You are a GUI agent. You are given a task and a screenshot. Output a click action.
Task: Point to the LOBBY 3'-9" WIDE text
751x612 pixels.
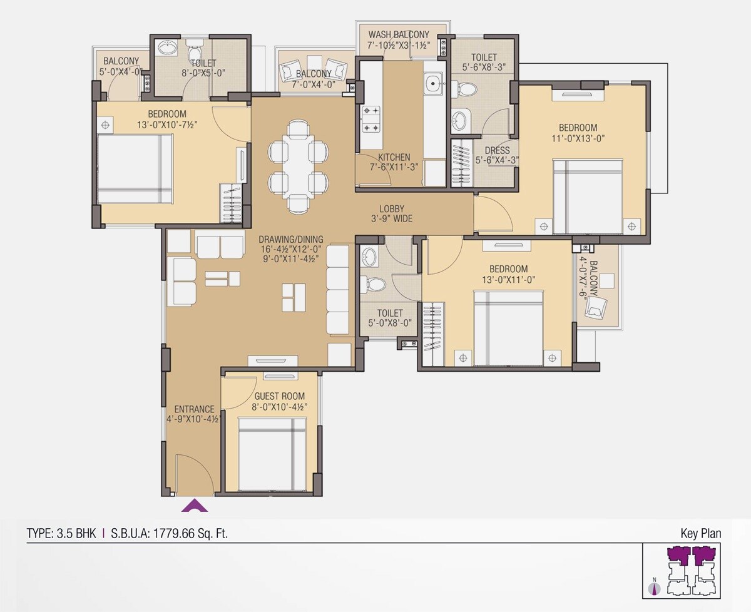(391, 213)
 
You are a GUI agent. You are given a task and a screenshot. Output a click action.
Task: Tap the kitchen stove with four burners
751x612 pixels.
(371, 119)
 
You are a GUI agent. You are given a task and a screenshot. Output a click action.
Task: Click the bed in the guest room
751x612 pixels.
(272, 455)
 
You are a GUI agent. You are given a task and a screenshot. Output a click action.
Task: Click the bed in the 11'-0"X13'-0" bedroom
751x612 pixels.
(588, 196)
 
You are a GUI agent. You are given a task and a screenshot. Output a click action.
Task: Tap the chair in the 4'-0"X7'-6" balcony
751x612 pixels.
(597, 306)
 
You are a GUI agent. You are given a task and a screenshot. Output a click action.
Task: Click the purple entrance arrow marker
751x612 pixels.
(195, 506)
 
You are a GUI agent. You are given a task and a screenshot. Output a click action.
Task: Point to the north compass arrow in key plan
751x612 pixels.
(655, 587)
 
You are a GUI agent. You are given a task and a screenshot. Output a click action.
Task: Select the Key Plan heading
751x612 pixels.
(700, 534)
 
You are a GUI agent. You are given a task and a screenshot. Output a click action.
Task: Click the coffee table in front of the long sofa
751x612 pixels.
(294, 297)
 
